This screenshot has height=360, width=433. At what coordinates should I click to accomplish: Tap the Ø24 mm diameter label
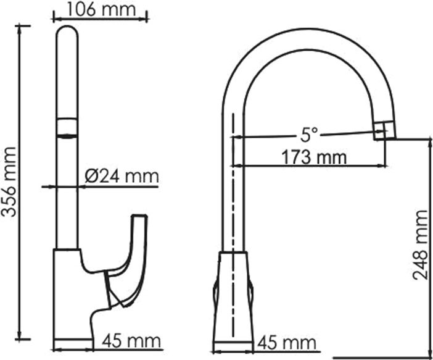(x=121, y=177)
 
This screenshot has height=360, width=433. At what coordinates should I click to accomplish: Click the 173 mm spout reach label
(x=314, y=157)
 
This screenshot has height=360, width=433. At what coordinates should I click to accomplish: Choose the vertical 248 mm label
(x=421, y=245)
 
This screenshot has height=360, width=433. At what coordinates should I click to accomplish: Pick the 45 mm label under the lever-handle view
(x=131, y=340)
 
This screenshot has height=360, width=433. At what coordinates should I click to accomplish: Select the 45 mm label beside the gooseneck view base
(x=286, y=342)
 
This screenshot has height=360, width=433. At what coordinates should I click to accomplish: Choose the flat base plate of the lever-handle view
(x=73, y=345)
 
